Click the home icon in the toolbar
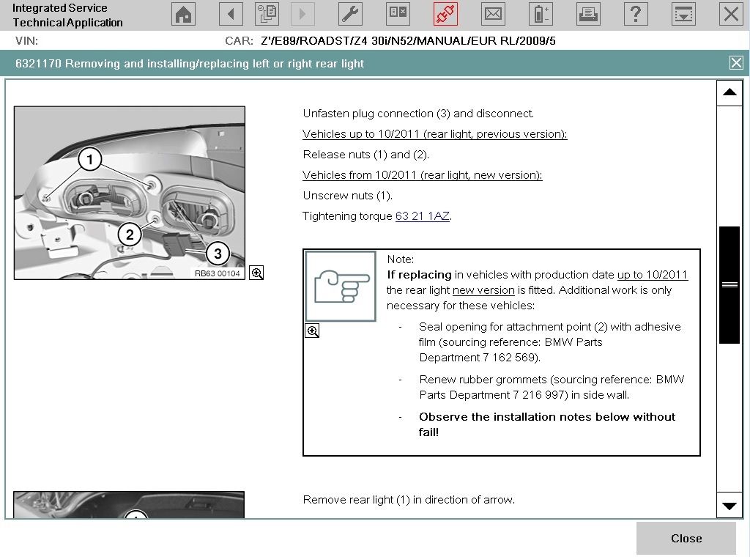click(183, 14)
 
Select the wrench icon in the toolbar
click(350, 14)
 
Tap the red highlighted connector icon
click(445, 14)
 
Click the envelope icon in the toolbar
click(493, 14)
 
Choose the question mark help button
click(636, 14)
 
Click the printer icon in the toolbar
click(588, 14)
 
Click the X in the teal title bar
click(736, 63)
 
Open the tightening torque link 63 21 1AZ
click(423, 216)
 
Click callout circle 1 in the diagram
click(90, 159)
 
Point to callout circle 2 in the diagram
click(130, 235)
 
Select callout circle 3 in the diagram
click(218, 253)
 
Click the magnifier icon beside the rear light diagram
click(256, 273)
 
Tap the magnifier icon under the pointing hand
click(312, 331)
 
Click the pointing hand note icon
click(341, 286)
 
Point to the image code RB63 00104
click(217, 273)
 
